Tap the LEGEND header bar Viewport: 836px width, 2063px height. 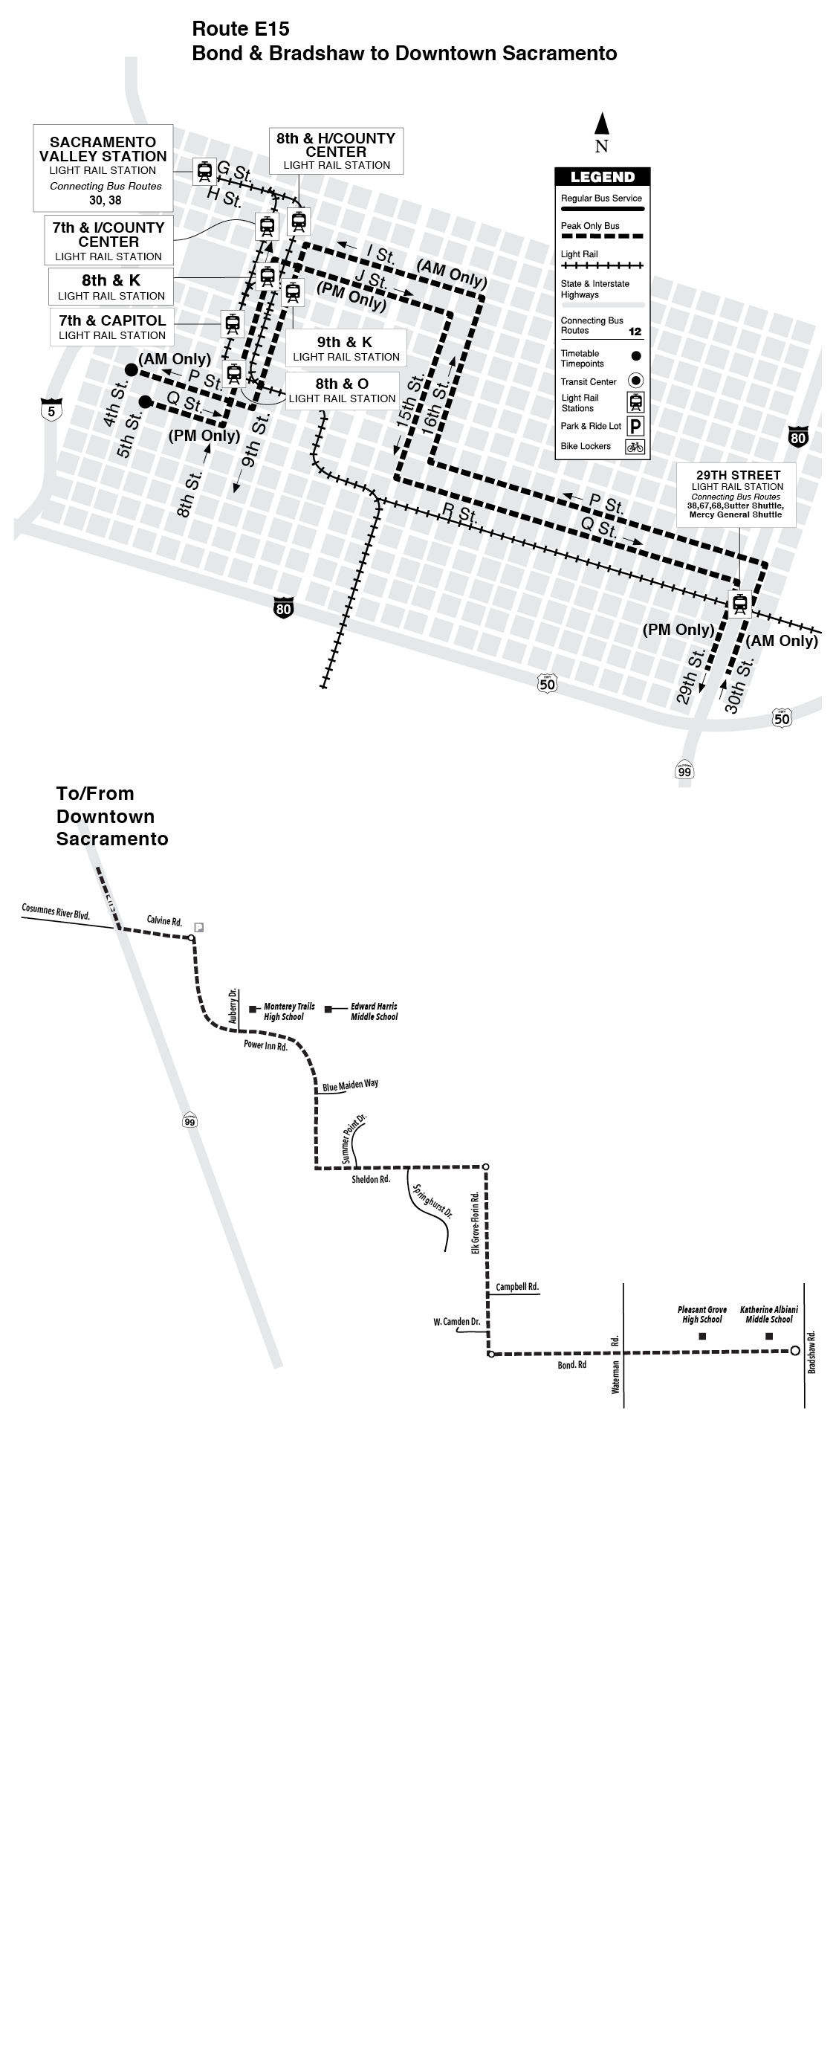point(602,177)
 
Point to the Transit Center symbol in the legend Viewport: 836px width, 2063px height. point(636,381)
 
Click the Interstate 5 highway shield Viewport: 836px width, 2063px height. point(51,411)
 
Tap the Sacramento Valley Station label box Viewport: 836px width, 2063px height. point(103,168)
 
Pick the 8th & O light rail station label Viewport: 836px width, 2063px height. point(342,390)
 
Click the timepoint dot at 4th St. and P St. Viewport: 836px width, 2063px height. point(132,369)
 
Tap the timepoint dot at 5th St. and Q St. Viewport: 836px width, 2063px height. point(145,401)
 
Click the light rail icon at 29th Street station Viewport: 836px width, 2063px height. point(740,602)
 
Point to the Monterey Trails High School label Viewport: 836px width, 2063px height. point(289,1012)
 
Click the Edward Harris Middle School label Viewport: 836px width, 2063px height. point(374,1012)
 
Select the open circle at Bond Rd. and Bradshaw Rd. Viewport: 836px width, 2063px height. point(794,1350)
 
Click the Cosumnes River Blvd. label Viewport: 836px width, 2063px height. point(55,912)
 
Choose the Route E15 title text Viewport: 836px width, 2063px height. point(240,29)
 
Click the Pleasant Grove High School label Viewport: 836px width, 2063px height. point(702,1314)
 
